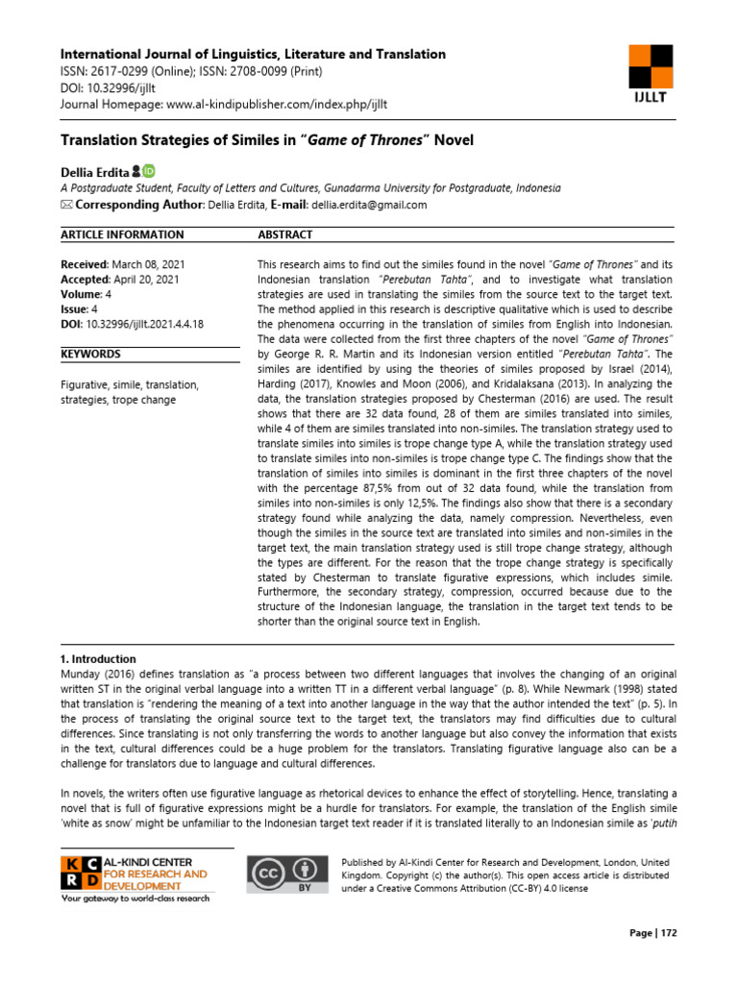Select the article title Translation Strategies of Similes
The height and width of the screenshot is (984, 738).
267,140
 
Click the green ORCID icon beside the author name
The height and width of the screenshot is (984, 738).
149,172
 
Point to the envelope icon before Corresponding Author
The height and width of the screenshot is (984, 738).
66,205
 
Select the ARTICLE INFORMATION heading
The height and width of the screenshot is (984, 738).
122,234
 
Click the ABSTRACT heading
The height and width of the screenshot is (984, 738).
285,234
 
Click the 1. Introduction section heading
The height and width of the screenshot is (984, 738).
98,659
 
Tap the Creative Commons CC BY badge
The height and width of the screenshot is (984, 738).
285,874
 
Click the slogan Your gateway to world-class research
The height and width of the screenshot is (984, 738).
137,898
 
